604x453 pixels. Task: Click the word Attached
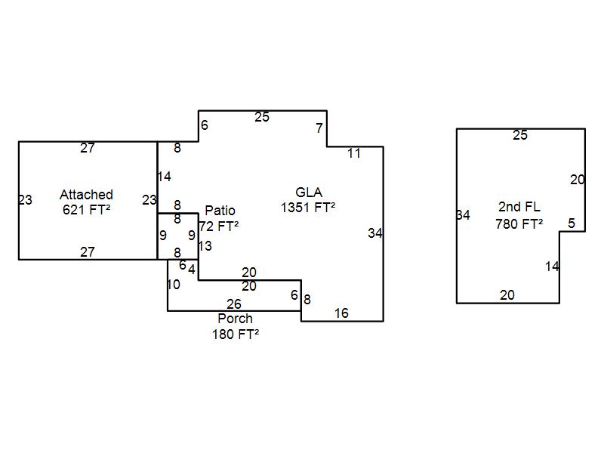coord(86,195)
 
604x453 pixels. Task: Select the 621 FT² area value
coord(86,210)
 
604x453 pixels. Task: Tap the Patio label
coord(220,211)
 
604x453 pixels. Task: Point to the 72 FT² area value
coord(219,226)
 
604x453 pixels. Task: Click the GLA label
coord(309,193)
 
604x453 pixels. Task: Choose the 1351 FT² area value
coord(308,208)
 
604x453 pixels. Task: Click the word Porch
coord(235,319)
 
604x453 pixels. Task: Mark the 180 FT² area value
coord(236,334)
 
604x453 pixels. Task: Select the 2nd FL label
coord(519,207)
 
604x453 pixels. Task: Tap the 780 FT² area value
coord(519,224)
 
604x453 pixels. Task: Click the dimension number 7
coord(319,128)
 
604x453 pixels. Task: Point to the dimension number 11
coord(354,153)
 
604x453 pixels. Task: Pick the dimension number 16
coord(341,313)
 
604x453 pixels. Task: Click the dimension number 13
coord(205,246)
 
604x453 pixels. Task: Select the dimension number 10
coord(174,285)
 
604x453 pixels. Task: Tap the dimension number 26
coord(234,304)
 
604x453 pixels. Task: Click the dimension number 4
coord(192,270)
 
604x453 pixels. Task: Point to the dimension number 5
coord(572,223)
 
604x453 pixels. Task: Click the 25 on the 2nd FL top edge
coord(520,136)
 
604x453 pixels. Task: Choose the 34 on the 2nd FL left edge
coord(463,216)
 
